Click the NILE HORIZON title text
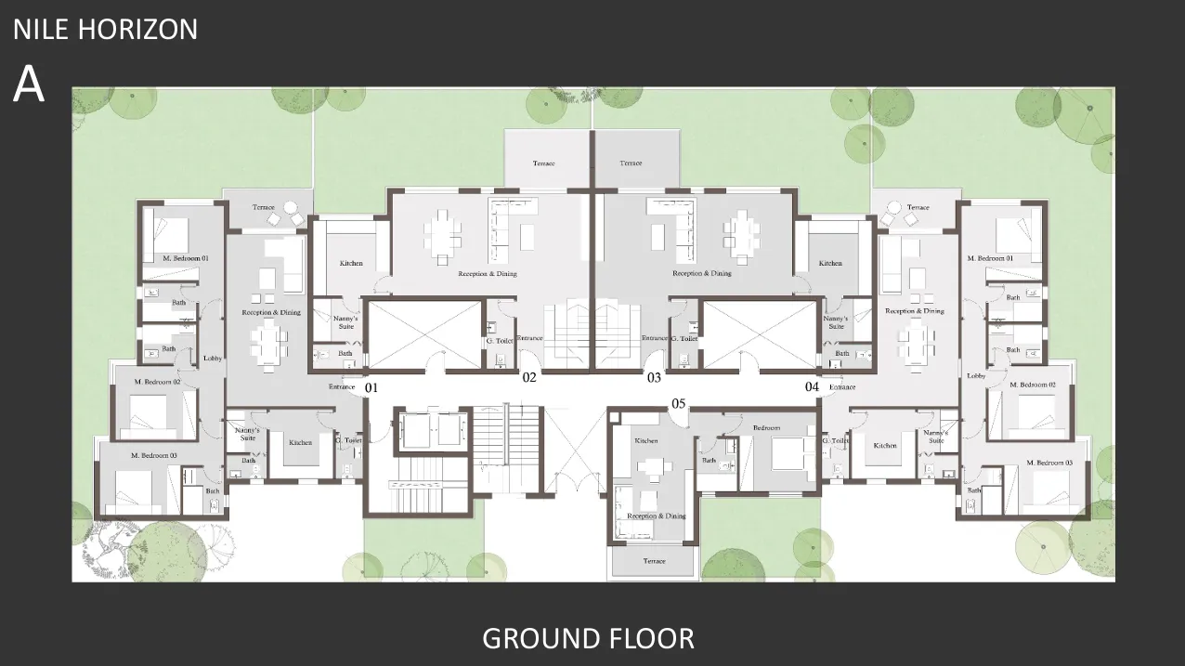[x=105, y=29]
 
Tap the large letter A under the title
[x=28, y=85]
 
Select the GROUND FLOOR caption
[x=588, y=638]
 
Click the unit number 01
[x=371, y=386]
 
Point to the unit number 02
[x=528, y=377]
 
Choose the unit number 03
[x=654, y=377]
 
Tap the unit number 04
[x=812, y=386]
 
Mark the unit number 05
[x=678, y=403]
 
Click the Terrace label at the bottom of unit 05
[x=654, y=561]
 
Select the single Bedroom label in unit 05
[x=766, y=428]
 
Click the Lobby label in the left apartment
[x=212, y=358]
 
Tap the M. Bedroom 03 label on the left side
[x=153, y=455]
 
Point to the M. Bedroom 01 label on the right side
[x=991, y=258]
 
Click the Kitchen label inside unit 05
[x=645, y=440]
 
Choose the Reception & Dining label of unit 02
[x=487, y=274]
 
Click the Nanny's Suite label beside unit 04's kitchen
[x=936, y=437]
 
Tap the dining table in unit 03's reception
[x=742, y=229]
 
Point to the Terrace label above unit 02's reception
[x=543, y=163]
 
